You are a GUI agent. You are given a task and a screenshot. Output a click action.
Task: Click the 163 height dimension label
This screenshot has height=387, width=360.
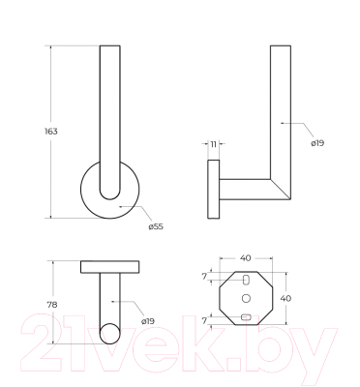(51, 132)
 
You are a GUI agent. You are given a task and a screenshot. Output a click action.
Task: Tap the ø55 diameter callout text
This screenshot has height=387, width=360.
(156, 226)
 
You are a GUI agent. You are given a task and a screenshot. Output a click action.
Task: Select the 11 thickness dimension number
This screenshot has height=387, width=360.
(213, 144)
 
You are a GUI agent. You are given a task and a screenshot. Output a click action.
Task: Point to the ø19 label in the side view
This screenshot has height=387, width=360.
(317, 143)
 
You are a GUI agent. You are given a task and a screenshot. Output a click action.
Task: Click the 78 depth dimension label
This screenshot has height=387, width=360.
(52, 304)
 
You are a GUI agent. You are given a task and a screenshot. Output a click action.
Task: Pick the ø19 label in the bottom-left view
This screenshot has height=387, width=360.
(148, 321)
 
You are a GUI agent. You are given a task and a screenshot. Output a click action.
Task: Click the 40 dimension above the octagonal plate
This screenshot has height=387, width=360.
(246, 258)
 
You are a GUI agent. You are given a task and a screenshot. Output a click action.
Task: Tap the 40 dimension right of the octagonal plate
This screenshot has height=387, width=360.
(285, 298)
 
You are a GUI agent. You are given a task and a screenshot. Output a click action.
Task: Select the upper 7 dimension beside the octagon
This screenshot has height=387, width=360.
(204, 277)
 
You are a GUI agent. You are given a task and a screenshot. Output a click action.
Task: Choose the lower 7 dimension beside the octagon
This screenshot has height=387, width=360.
(204, 321)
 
